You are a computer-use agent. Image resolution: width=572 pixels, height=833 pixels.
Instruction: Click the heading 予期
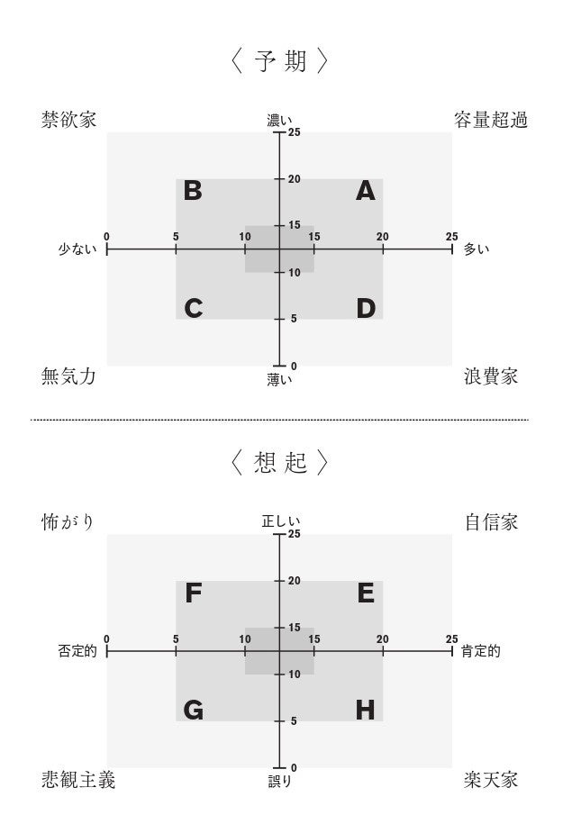pyautogui.click(x=279, y=61)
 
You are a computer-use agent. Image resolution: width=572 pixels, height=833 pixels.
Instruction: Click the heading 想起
pyautogui.click(x=279, y=463)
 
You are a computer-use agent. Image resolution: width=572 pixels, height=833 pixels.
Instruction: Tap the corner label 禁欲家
pyautogui.click(x=68, y=120)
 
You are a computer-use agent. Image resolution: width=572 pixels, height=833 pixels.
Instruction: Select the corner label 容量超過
pyautogui.click(x=490, y=120)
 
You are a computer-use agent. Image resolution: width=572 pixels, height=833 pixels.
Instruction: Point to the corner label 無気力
pyautogui.click(x=68, y=376)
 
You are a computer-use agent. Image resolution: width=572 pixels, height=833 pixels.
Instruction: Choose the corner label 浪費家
pyautogui.click(x=490, y=376)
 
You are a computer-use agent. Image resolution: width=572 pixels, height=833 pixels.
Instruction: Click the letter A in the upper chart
pyautogui.click(x=365, y=191)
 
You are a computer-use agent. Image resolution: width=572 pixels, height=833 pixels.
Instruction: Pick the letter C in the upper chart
pyautogui.click(x=193, y=309)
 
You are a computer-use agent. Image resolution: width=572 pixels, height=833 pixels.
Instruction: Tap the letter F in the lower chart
pyautogui.click(x=193, y=593)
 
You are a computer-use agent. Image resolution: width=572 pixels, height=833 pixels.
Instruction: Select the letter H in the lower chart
pyautogui.click(x=365, y=711)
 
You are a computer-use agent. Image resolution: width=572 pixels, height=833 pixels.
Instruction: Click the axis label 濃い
pyautogui.click(x=279, y=120)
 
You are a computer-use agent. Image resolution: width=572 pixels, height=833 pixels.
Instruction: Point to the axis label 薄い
pyautogui.click(x=279, y=380)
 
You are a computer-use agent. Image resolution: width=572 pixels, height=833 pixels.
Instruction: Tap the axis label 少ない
pyautogui.click(x=77, y=249)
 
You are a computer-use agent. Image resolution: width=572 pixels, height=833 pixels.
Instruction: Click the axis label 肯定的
pyautogui.click(x=480, y=651)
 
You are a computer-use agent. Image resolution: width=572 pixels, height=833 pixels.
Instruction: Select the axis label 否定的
pyautogui.click(x=77, y=651)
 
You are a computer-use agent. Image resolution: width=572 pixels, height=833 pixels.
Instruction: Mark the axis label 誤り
pyautogui.click(x=279, y=782)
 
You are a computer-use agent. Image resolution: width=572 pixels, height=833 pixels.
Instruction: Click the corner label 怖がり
pyautogui.click(x=68, y=522)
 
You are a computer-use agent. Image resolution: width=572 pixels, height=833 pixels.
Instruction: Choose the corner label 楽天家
pyautogui.click(x=491, y=779)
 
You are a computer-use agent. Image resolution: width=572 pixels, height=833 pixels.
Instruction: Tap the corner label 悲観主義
pyautogui.click(x=78, y=779)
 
